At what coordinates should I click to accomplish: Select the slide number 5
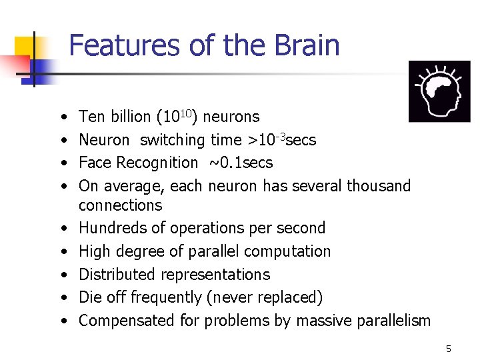click(x=449, y=349)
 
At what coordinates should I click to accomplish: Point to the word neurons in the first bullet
click(x=231, y=117)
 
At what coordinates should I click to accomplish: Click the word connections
click(x=120, y=205)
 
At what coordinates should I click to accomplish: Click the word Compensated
click(x=127, y=321)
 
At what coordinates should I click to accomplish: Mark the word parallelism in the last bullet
click(x=391, y=321)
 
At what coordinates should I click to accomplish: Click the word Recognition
click(x=157, y=163)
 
